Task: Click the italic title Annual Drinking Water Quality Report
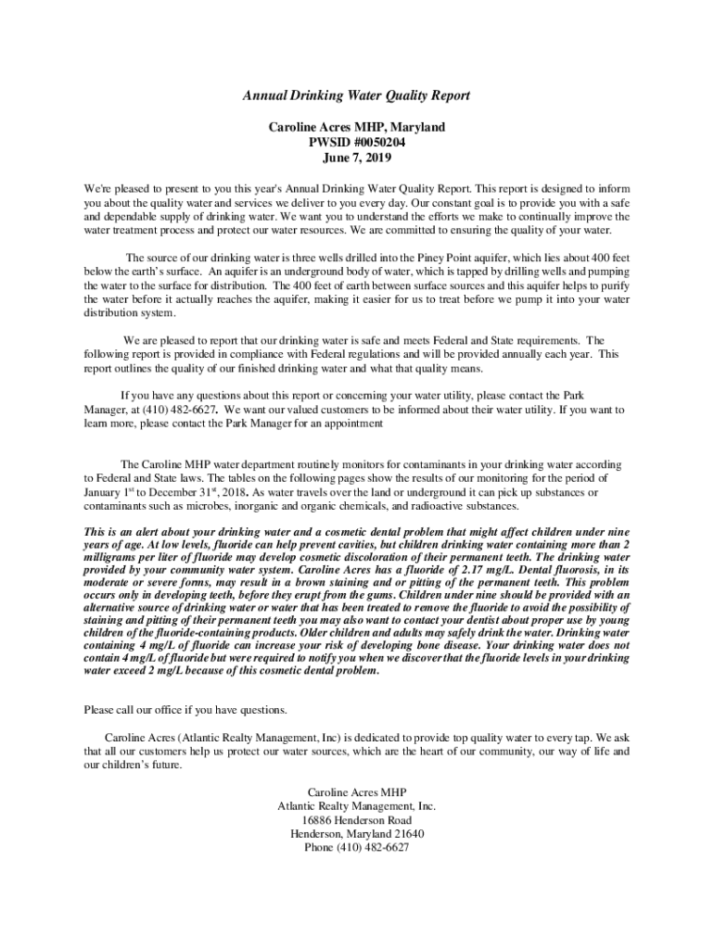pyautogui.click(x=357, y=95)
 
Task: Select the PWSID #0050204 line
pyautogui.click(x=357, y=143)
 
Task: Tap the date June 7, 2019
pyautogui.click(x=357, y=158)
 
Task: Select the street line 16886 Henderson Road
pyautogui.click(x=357, y=821)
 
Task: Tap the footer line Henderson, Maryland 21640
pyautogui.click(x=357, y=834)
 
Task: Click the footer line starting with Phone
pyautogui.click(x=357, y=848)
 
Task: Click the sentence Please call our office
pyautogui.click(x=185, y=710)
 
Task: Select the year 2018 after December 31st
pyautogui.click(x=232, y=493)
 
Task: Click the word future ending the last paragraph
pyautogui.click(x=163, y=766)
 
